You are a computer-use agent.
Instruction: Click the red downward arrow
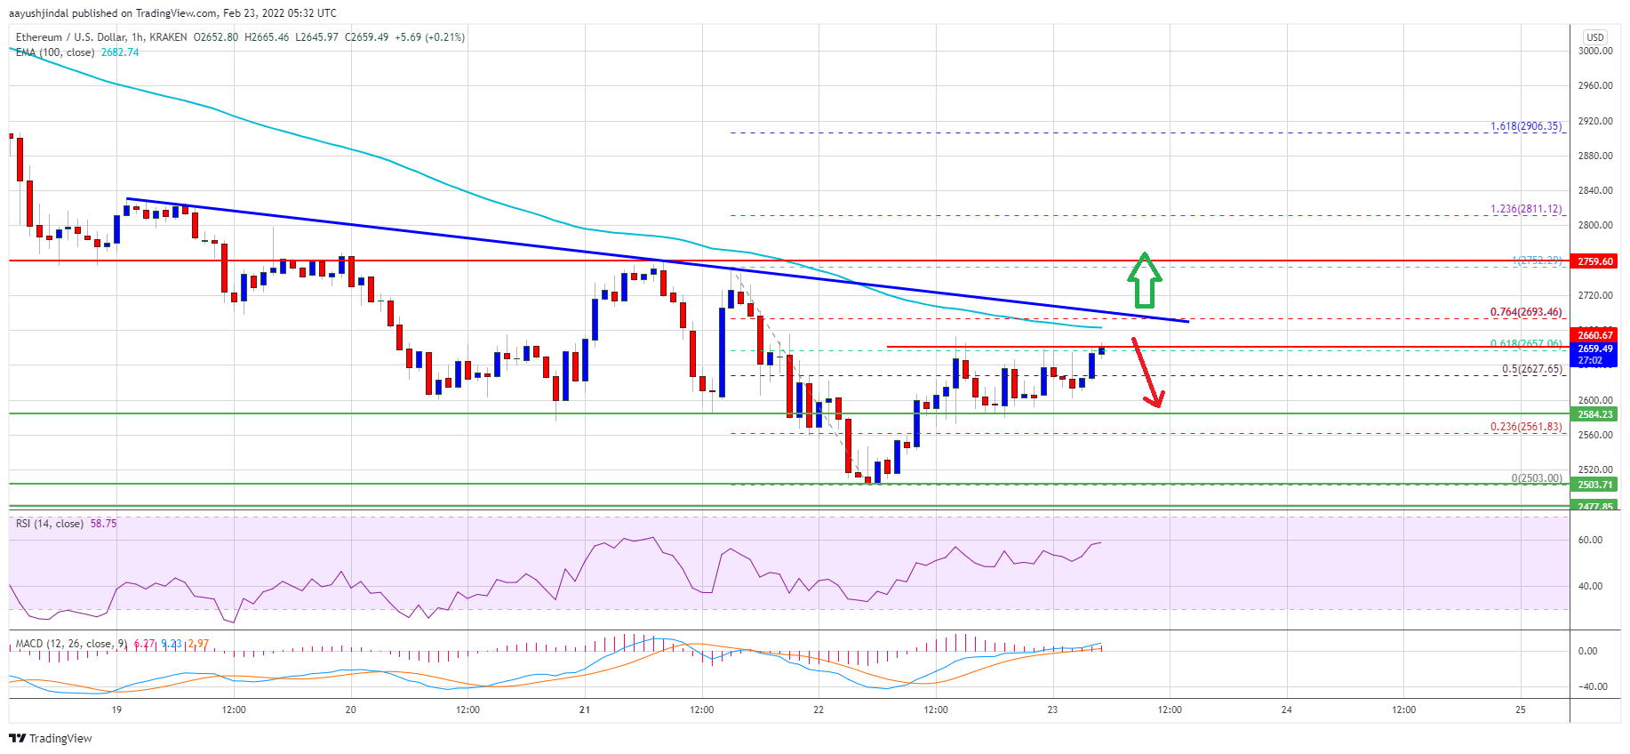coord(1146,373)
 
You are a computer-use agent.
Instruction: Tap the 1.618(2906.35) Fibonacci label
coord(1525,126)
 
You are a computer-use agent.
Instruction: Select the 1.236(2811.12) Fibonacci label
coord(1525,209)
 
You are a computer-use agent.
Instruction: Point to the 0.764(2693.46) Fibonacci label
coord(1525,312)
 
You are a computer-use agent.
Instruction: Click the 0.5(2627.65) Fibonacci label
coord(1531,369)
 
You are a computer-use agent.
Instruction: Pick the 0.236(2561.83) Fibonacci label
coord(1525,427)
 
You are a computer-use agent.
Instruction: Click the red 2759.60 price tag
coord(1594,261)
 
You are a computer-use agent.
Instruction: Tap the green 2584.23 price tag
coord(1594,414)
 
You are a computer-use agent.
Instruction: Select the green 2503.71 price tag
coord(1594,485)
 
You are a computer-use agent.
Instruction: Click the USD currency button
coord(1594,37)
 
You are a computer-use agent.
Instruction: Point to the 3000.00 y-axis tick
coord(1594,52)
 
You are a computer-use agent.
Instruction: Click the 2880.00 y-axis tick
coord(1594,156)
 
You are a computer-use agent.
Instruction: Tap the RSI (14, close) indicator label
coord(50,524)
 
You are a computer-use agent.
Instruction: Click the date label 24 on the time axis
coord(1286,710)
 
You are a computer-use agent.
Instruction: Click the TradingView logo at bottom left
coord(51,738)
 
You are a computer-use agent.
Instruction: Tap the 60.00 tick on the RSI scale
coord(1590,540)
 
